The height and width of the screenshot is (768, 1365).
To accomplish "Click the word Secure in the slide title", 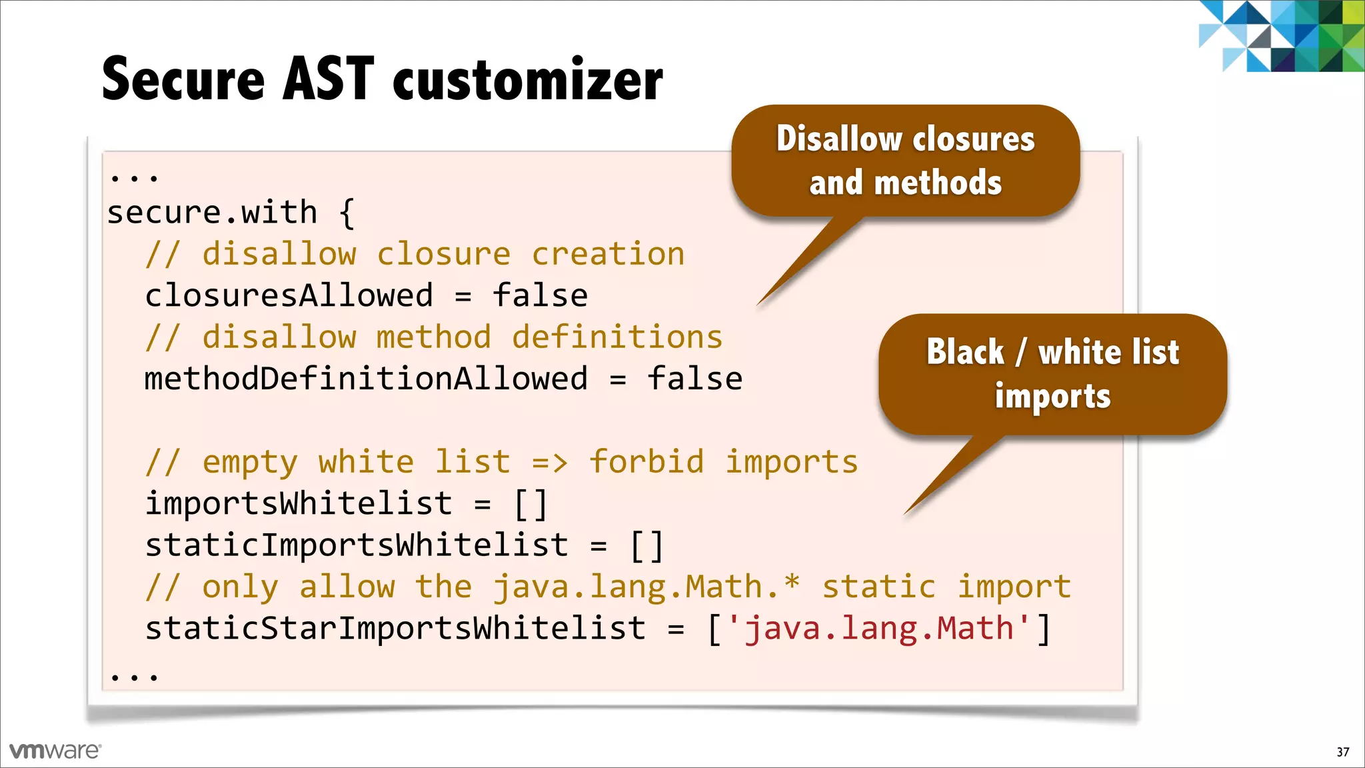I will [x=183, y=79].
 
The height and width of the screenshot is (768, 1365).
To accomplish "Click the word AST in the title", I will [x=329, y=79].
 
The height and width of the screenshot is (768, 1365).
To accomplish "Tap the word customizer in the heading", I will [x=528, y=81].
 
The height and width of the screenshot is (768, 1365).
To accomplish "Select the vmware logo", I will [x=55, y=751].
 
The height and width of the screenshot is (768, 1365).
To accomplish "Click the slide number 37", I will [x=1342, y=752].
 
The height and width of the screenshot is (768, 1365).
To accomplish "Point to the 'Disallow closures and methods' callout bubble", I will [x=905, y=161].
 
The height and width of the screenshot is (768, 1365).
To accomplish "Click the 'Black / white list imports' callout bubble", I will [x=1052, y=374].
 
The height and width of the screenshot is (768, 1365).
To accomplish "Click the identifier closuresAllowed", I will [x=289, y=296].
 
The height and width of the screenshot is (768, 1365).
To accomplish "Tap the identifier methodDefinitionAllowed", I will [x=366, y=379].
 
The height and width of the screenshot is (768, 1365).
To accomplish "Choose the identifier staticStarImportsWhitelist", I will [x=395, y=629].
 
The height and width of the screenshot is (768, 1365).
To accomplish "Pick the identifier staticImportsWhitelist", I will [x=357, y=545].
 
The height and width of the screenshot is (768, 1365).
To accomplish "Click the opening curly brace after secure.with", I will [x=347, y=213].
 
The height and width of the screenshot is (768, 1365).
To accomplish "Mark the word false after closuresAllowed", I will [x=540, y=296].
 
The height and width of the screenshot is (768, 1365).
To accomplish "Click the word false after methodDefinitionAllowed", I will [x=694, y=379].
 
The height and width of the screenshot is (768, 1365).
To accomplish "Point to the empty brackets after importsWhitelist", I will [x=531, y=504].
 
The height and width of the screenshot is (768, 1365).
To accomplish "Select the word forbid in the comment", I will [x=647, y=462].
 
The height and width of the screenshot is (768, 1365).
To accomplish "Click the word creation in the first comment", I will [x=608, y=255].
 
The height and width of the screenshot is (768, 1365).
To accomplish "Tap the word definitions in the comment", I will [x=617, y=337].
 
